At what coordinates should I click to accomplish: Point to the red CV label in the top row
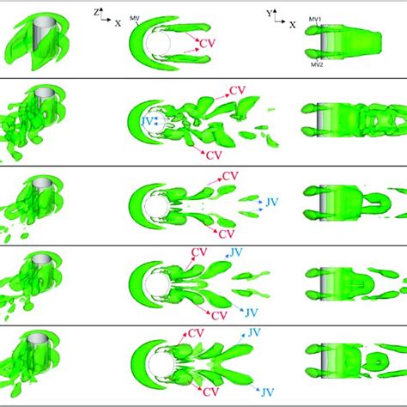click(x=206, y=42)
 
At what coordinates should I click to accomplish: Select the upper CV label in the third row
click(x=229, y=176)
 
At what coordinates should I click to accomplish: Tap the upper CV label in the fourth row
click(x=199, y=252)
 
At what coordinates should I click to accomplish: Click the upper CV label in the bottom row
click(x=196, y=332)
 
